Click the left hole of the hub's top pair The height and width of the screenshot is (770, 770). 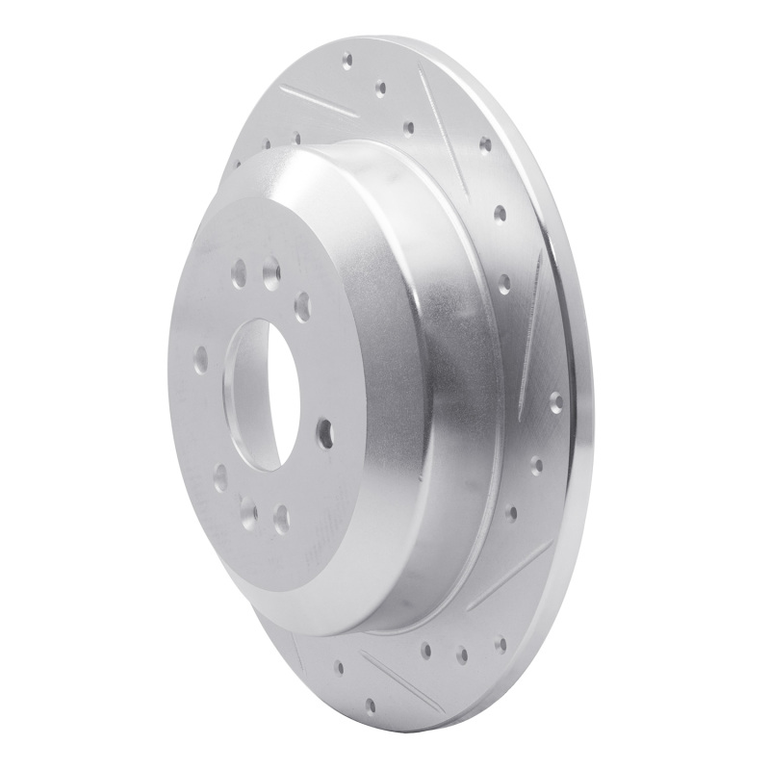point(236,279)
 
